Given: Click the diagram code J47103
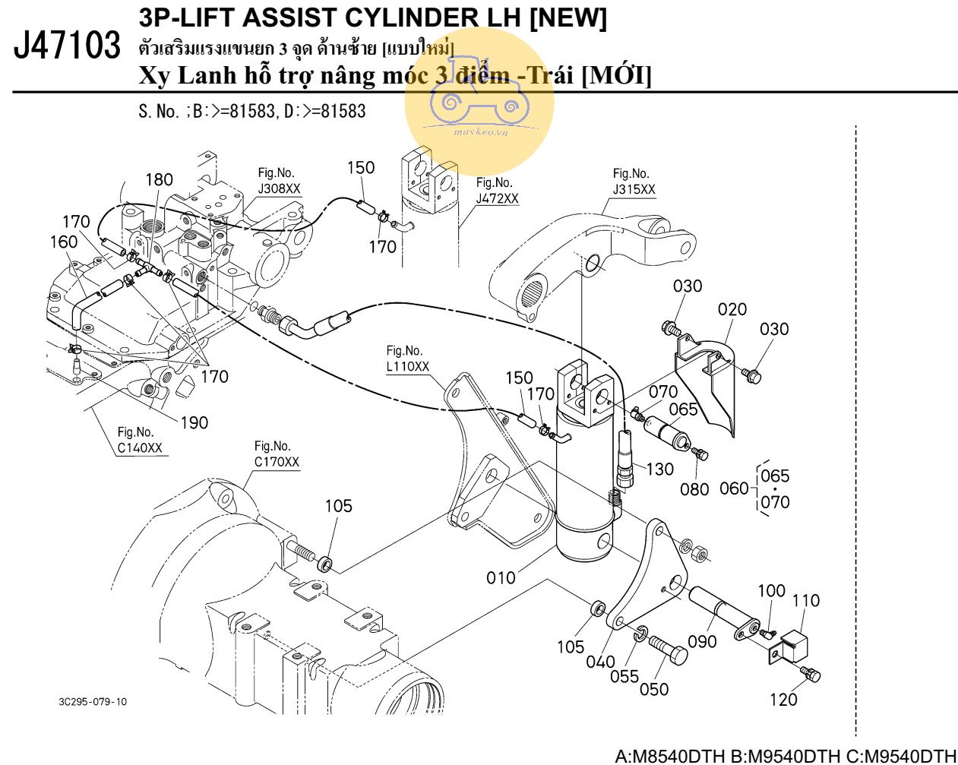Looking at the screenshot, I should click(x=67, y=46).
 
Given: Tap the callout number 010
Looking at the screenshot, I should click(x=501, y=577).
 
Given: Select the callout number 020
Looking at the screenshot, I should click(x=732, y=309).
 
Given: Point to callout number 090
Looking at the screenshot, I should click(x=702, y=641).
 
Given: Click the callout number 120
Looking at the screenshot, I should click(x=783, y=699).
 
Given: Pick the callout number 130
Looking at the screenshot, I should click(x=659, y=469).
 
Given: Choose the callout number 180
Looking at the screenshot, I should click(x=159, y=180).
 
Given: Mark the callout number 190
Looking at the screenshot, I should click(x=194, y=422).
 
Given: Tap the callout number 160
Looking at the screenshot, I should click(x=63, y=242).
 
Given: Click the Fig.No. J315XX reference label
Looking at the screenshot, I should click(x=634, y=182).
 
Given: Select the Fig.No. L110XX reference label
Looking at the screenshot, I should click(x=407, y=359).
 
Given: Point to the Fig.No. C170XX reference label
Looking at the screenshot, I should click(x=276, y=454).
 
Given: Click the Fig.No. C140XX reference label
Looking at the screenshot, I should click(x=139, y=441).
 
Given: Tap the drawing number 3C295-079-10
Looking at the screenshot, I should click(x=93, y=701).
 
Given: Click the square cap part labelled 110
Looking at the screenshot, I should click(x=793, y=645).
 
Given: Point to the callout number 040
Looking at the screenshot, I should click(x=600, y=661).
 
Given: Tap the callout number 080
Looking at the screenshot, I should click(x=694, y=488).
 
